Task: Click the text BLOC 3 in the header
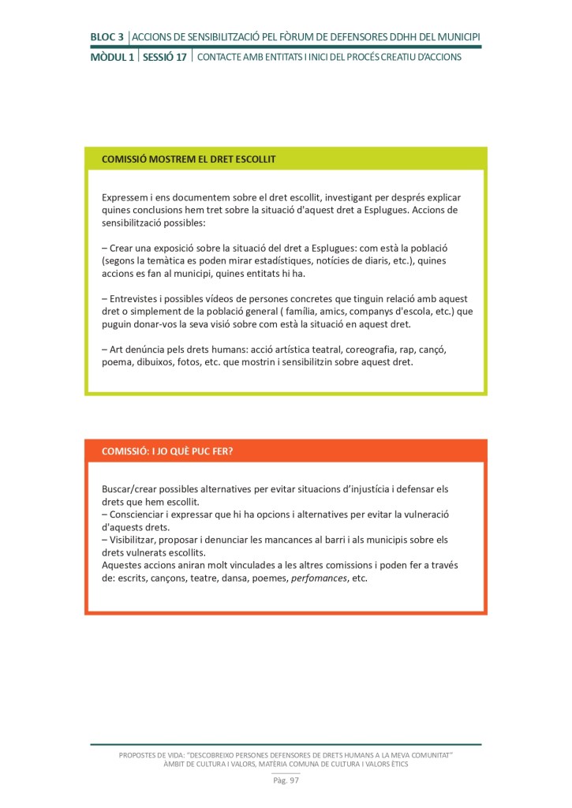(107, 36)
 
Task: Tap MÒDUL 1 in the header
(111, 58)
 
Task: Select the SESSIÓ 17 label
(165, 58)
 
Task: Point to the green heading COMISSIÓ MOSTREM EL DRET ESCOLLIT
(189, 159)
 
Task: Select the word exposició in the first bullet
(189, 248)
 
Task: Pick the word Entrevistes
(138, 299)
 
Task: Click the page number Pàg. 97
(286, 780)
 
